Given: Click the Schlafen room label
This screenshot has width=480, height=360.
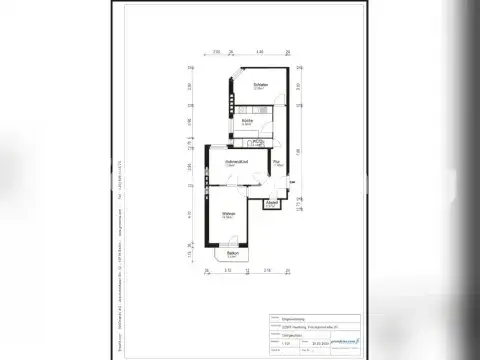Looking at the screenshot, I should (x=261, y=86).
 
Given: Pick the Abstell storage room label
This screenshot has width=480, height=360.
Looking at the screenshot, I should (x=271, y=203).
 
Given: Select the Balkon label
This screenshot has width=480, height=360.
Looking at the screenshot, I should (x=231, y=256).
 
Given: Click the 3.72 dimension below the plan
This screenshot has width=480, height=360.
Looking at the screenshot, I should (x=227, y=271).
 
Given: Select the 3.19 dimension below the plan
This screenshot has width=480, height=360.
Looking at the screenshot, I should (x=265, y=271).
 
